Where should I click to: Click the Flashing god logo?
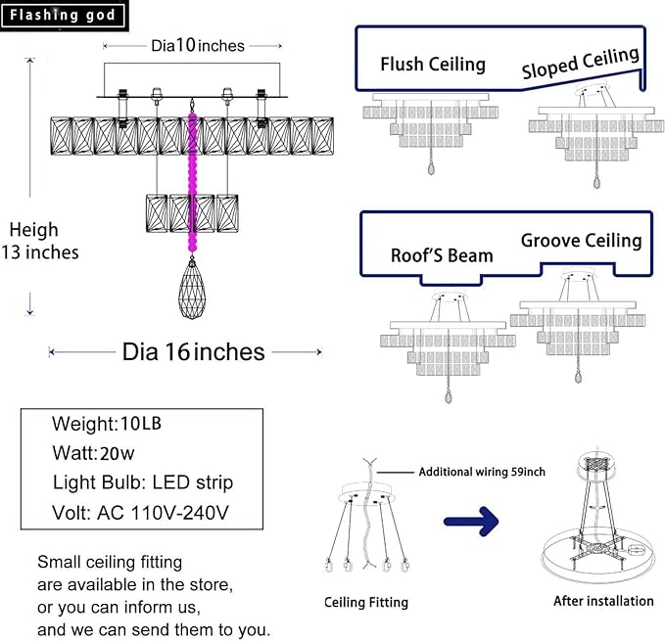tap(64, 16)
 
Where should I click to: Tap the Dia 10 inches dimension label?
tap(198, 45)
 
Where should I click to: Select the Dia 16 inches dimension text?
tap(193, 351)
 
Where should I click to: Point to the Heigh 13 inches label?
tap(40, 241)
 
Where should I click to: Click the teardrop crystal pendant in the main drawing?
tap(192, 288)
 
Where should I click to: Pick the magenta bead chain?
tap(192, 182)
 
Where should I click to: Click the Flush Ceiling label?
tap(433, 65)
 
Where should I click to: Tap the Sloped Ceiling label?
tap(580, 63)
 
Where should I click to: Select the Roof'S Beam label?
tap(442, 255)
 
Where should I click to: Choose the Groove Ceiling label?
tap(581, 241)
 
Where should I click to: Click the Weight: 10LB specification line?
tap(107, 423)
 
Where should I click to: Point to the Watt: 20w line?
tap(93, 453)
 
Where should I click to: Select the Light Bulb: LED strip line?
tap(143, 482)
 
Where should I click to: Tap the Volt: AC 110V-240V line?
tap(140, 512)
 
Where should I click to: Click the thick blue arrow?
tap(472, 521)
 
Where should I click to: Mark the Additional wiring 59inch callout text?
tap(482, 472)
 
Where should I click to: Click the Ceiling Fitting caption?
tap(366, 602)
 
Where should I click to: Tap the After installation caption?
tap(603, 601)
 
